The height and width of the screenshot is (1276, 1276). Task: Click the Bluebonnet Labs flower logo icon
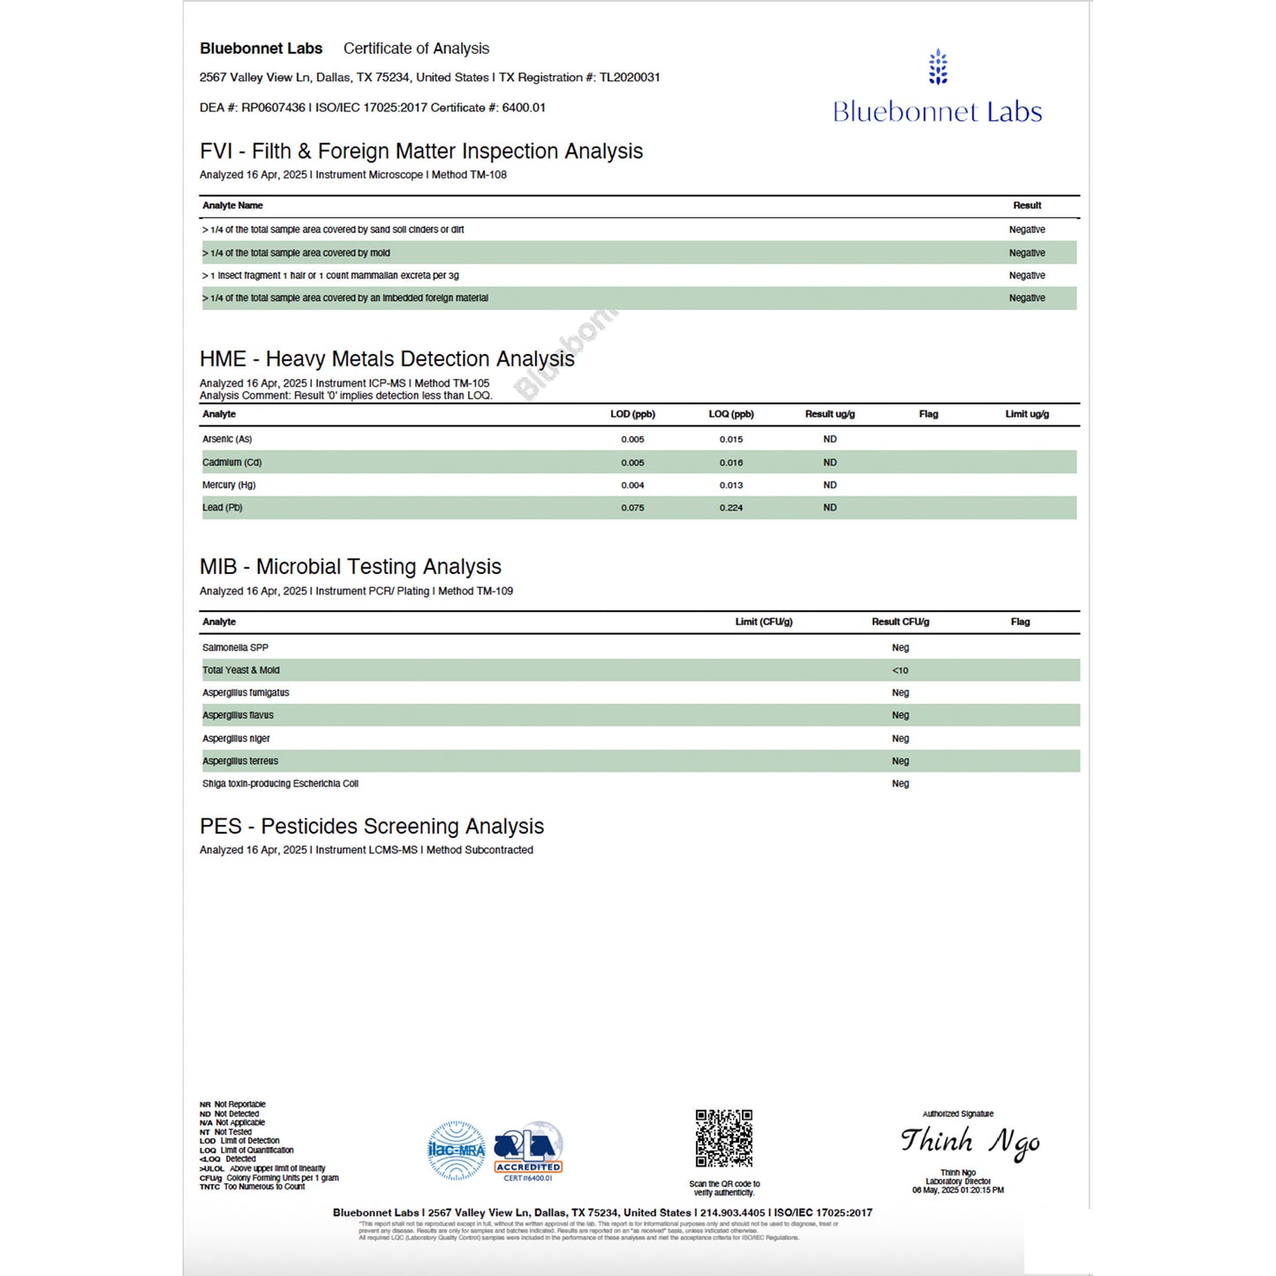point(938,67)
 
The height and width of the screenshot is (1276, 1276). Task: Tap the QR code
point(723,1138)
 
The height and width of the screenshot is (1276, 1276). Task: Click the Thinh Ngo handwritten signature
point(970,1142)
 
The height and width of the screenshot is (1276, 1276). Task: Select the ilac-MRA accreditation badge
point(457,1150)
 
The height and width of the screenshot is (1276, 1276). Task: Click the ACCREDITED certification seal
point(528,1151)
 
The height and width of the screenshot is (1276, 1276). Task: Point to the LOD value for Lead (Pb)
point(632,508)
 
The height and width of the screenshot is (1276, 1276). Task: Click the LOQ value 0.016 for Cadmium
point(730,463)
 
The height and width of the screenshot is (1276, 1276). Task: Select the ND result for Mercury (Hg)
point(829,485)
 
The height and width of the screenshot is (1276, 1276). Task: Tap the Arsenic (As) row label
point(227,439)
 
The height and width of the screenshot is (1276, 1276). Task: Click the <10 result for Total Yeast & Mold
point(900,670)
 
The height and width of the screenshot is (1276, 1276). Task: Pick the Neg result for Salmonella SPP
point(900,647)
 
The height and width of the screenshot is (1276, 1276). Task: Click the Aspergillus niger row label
point(236,738)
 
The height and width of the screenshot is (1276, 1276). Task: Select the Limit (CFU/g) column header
point(763,622)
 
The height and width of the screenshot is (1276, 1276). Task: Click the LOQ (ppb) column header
point(730,414)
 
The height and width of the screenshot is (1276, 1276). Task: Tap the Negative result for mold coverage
point(1026,253)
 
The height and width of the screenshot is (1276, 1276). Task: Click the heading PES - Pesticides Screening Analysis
point(372,827)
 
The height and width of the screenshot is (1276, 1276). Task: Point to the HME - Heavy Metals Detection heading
point(387,359)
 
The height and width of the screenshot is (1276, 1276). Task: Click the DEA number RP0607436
point(273,108)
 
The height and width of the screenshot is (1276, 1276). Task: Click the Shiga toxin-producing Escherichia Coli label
point(280,783)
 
